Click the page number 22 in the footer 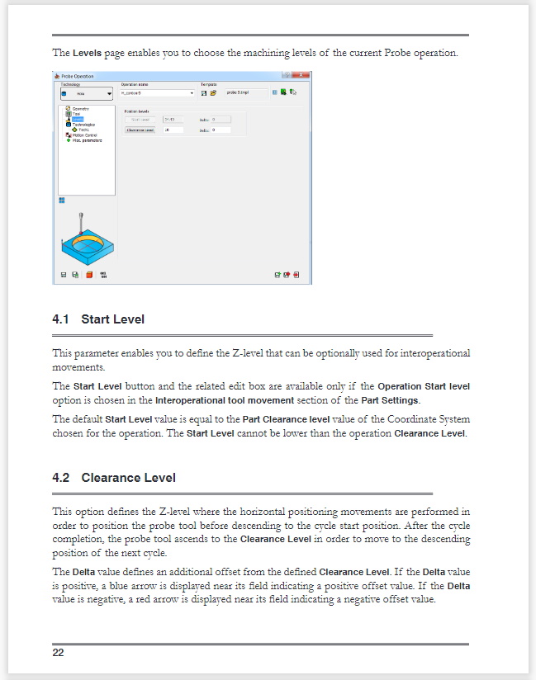58,653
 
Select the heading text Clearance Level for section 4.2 128,478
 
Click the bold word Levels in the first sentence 87,53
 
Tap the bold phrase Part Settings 414,400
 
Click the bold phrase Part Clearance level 286,419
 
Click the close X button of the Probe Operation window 306,77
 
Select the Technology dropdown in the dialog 86,94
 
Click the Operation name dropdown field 157,93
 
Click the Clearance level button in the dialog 140,130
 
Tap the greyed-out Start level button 140,120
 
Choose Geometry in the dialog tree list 80,108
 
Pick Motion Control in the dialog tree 85,135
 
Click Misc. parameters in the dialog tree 86,139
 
